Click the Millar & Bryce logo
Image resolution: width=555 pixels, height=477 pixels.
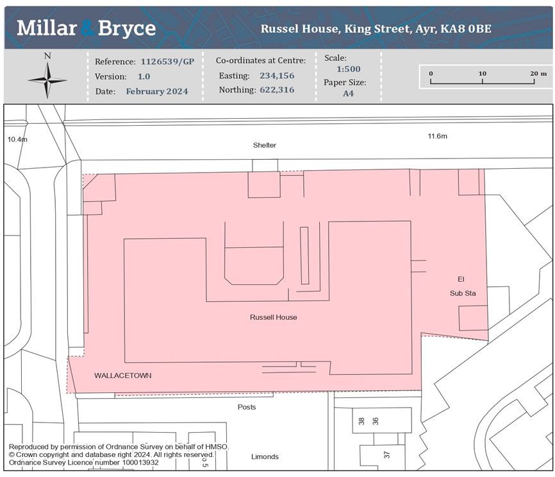[87, 28]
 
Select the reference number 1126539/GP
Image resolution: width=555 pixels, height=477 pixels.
[167, 62]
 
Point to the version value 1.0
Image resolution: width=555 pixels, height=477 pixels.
[144, 76]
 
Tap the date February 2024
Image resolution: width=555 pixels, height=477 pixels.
[157, 91]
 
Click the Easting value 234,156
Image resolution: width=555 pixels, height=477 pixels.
[277, 76]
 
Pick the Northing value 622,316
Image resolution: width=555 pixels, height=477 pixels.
[277, 90]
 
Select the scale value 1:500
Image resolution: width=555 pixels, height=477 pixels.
[348, 69]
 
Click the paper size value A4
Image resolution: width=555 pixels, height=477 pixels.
[348, 93]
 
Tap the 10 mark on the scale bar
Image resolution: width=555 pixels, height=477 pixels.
[482, 73]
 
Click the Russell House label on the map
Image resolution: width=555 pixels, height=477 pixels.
[273, 317]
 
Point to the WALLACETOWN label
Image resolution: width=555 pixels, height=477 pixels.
[123, 375]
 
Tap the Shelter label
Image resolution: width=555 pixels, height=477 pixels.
[265, 145]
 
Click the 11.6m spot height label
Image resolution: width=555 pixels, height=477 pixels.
[438, 136]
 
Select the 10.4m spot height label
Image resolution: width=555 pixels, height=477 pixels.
[17, 139]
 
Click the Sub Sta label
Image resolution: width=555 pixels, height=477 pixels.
[463, 293]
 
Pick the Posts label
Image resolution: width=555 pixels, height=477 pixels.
[247, 407]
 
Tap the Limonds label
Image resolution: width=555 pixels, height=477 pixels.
[265, 456]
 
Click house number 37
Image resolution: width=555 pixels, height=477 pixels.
[386, 455]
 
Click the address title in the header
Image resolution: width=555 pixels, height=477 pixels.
[376, 29]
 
